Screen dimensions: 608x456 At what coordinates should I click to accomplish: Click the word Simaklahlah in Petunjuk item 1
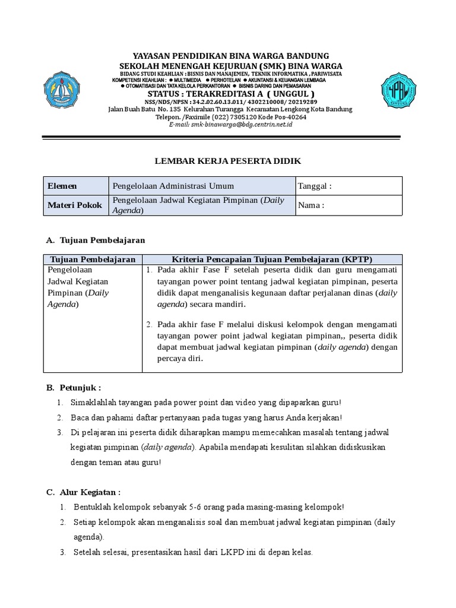pos(93,403)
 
